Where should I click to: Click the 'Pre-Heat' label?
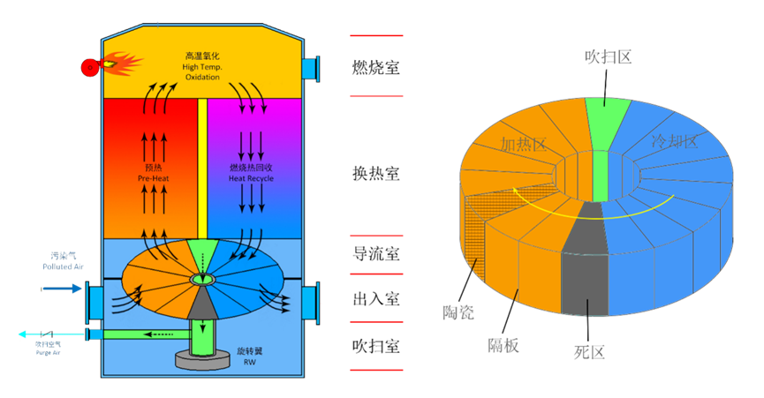(152, 173)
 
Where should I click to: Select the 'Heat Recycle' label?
(251, 173)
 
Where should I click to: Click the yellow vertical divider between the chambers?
(202, 168)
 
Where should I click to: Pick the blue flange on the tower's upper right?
(308, 67)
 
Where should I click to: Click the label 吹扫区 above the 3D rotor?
(608, 57)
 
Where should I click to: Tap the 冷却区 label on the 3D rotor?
(674, 141)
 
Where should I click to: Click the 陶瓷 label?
(458, 312)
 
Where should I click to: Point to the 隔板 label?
(503, 345)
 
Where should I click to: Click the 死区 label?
(589, 352)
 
